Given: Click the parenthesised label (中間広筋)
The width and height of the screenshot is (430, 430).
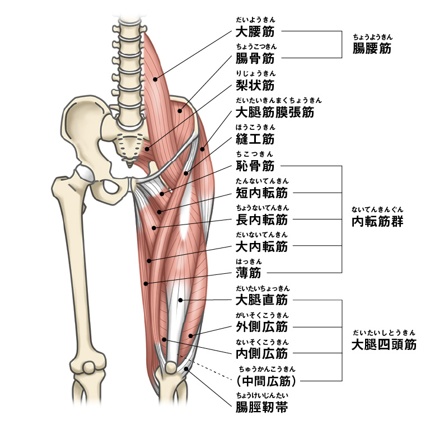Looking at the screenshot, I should point(265,381).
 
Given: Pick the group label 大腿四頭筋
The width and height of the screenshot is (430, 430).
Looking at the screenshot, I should point(384,344).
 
